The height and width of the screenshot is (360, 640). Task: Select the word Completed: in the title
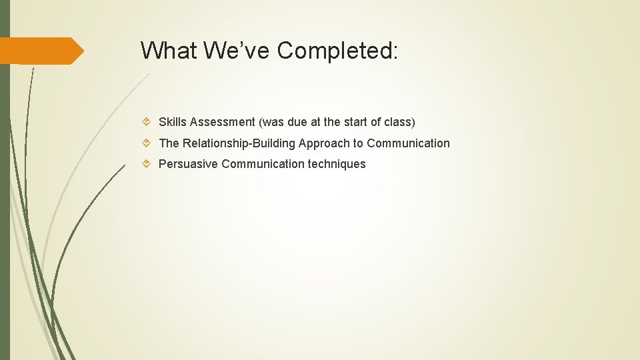click(338, 50)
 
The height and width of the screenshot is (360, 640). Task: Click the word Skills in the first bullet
click(173, 122)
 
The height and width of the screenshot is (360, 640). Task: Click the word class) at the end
click(400, 122)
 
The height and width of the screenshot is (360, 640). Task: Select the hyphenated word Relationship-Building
click(239, 143)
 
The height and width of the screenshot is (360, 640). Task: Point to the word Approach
click(324, 143)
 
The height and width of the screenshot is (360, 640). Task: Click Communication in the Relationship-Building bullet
click(408, 143)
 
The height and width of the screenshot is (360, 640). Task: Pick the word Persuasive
click(188, 164)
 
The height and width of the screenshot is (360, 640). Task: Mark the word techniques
click(337, 164)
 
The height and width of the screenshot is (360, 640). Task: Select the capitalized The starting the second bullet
click(169, 143)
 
